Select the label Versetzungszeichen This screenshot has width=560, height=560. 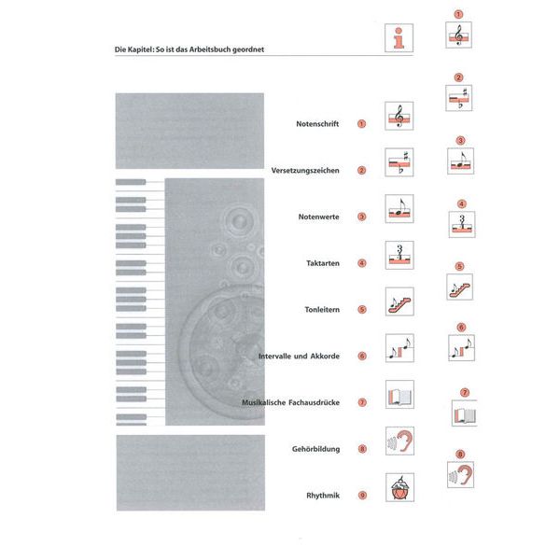tap(304, 171)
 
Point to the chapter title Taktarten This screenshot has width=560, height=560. tap(321, 263)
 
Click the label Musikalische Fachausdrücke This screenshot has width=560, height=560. tap(290, 402)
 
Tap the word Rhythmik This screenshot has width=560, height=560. tap(322, 495)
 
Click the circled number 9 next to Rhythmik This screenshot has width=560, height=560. tap(361, 496)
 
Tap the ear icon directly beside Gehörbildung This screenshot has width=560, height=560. tap(399, 441)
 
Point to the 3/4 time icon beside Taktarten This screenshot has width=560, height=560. tap(399, 256)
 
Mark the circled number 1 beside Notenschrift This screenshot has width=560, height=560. tap(361, 124)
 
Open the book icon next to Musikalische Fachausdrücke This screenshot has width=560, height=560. tap(399, 395)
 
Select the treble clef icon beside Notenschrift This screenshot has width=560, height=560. tap(399, 117)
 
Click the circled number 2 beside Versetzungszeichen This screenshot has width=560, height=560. tap(361, 171)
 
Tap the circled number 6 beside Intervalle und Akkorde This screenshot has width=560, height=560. tap(361, 357)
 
